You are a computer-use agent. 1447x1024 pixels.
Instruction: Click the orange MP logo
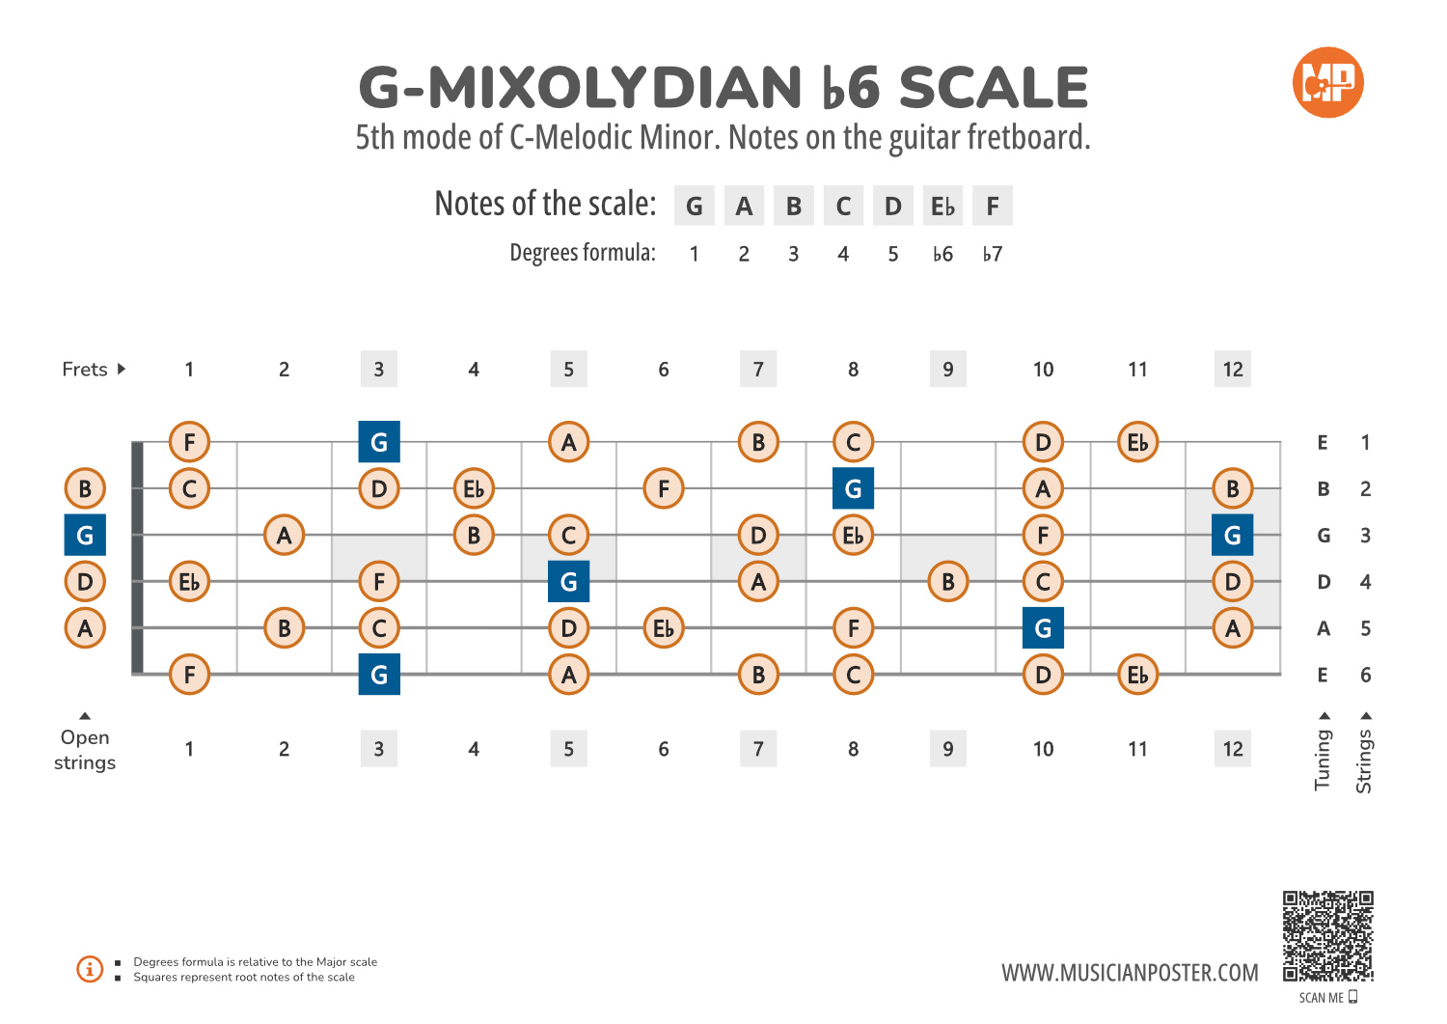click(1327, 83)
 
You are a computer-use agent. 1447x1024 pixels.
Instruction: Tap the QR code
click(1327, 936)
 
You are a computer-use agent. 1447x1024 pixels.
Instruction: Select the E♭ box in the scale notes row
click(942, 207)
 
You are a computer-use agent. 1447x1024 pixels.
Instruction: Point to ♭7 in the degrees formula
click(993, 254)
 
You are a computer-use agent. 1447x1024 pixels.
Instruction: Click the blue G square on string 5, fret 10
click(1043, 628)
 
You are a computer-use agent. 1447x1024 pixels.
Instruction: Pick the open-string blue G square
click(85, 536)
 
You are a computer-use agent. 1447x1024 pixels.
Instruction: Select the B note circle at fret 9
click(948, 582)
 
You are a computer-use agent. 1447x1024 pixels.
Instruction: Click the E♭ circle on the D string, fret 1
click(189, 582)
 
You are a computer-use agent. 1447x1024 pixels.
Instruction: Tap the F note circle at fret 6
click(664, 488)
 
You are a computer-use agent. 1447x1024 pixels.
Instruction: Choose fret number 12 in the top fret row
click(1233, 370)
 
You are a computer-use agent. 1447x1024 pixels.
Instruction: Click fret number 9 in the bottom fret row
click(948, 749)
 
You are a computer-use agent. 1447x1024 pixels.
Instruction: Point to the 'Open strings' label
click(85, 750)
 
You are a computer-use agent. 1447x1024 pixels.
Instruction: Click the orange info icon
click(90, 969)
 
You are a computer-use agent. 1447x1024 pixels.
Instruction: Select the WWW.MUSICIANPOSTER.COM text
click(1130, 973)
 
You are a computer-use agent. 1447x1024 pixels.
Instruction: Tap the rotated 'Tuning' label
click(1323, 760)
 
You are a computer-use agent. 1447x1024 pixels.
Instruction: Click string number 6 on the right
click(1365, 676)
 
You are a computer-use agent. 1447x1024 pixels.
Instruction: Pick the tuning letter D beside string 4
click(1324, 582)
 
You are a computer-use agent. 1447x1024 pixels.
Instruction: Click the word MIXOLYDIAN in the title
click(614, 89)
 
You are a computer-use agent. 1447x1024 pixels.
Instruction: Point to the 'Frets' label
click(85, 370)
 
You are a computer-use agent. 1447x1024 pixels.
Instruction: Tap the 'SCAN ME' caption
click(1322, 998)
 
